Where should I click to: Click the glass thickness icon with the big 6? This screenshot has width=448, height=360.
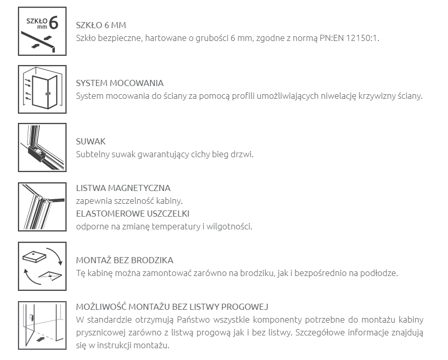[42, 31]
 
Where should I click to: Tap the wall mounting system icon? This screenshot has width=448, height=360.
[42, 89]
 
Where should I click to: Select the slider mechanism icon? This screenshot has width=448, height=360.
[42, 147]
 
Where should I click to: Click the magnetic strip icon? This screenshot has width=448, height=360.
[42, 206]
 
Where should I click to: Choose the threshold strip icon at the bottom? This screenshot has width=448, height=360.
[42, 325]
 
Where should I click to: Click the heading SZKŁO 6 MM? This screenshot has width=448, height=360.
[101, 25]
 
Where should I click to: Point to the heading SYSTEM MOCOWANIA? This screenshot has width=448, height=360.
[119, 83]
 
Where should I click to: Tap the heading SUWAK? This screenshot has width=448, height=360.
[91, 141]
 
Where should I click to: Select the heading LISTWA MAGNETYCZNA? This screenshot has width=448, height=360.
[123, 188]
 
